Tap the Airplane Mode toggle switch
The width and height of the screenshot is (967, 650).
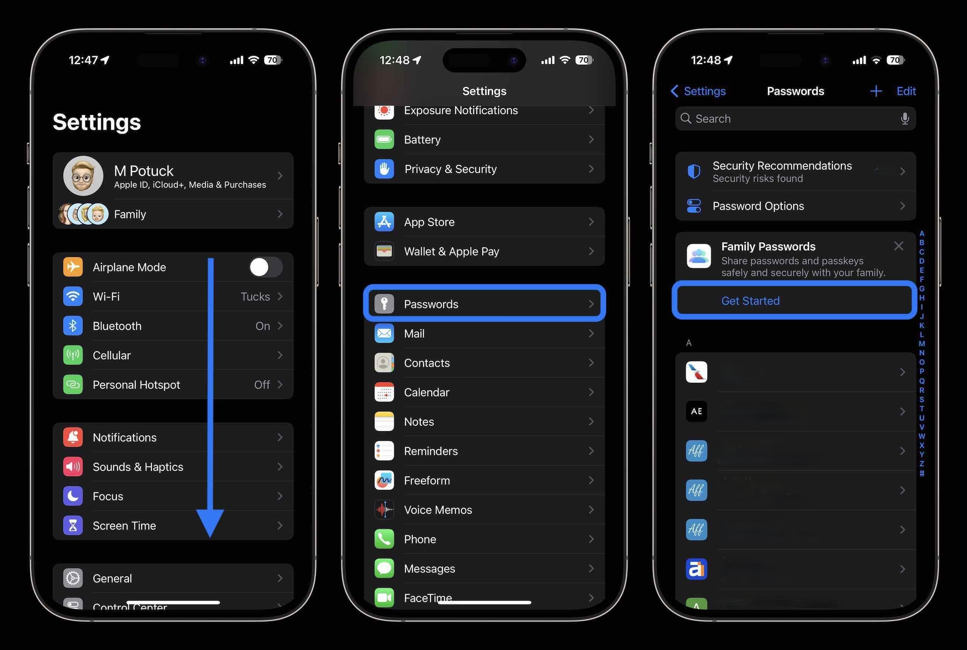[x=266, y=267]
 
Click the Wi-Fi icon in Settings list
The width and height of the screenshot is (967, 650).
[x=73, y=296]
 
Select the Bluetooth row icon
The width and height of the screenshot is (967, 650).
[x=73, y=326]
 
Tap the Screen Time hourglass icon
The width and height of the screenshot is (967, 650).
[x=73, y=526]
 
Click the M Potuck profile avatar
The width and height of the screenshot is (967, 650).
[x=83, y=176]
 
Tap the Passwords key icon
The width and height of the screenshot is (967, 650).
[x=384, y=304]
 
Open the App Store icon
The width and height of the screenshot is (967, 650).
[x=384, y=222]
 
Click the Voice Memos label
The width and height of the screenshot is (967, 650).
[x=438, y=510]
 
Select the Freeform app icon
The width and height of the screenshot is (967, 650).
[x=384, y=480]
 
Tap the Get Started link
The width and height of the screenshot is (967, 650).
[x=750, y=301]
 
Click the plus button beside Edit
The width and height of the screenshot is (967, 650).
[x=876, y=91]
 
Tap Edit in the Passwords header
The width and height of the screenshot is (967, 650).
[x=906, y=91]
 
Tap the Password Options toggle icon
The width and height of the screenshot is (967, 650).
[x=694, y=206]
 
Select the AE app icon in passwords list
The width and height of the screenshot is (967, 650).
[x=696, y=411]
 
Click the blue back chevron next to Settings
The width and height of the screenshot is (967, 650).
[x=675, y=91]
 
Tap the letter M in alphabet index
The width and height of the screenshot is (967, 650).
[x=922, y=343]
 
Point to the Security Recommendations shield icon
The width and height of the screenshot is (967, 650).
[x=694, y=171]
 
